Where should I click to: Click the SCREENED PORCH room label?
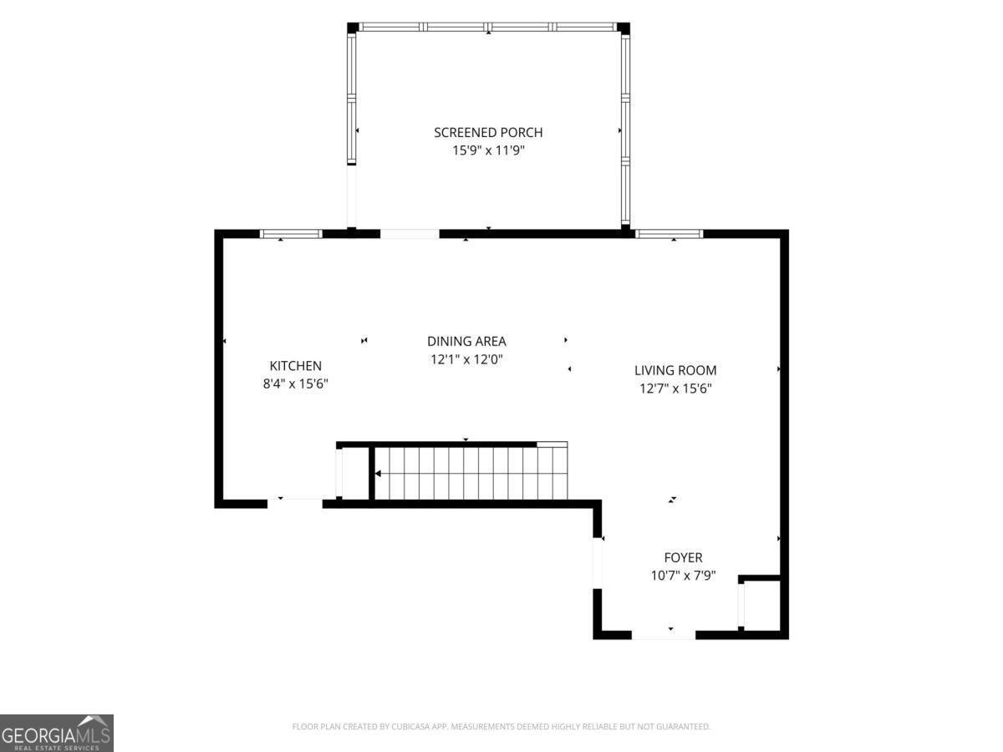(x=488, y=132)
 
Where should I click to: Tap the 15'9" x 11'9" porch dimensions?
(x=488, y=150)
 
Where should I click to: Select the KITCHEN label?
(x=296, y=366)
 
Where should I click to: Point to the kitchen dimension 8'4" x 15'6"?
(x=296, y=384)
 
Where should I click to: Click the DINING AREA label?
(x=466, y=341)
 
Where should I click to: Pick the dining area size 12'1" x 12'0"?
(x=466, y=359)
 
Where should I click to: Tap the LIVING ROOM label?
(x=675, y=370)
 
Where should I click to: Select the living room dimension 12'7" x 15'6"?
(x=675, y=389)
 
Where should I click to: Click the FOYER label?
(x=683, y=557)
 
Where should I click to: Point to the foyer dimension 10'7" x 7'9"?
(x=683, y=576)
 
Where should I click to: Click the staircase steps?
(x=471, y=474)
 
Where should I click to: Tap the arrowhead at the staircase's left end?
(x=378, y=474)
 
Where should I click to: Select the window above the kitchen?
(x=291, y=234)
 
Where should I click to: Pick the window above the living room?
(x=669, y=234)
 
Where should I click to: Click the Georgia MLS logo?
(x=57, y=734)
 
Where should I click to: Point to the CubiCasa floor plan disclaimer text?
(x=501, y=726)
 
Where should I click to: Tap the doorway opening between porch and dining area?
(x=410, y=234)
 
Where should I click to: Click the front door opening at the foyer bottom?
(x=664, y=635)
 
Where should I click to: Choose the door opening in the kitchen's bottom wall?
(x=295, y=504)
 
